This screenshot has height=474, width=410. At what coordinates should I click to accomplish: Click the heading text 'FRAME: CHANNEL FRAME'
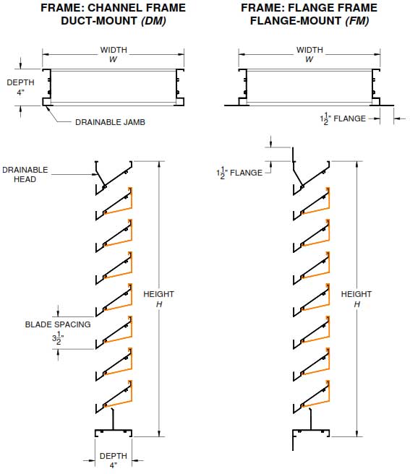click(112, 8)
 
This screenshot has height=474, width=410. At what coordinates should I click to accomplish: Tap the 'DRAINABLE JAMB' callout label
click(110, 122)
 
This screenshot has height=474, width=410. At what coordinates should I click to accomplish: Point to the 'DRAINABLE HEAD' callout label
click(25, 174)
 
